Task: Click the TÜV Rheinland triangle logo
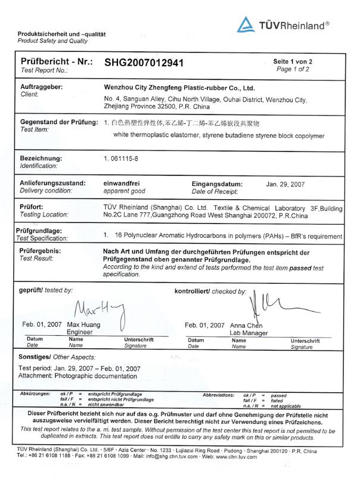[x=247, y=24]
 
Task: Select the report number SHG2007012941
[x=144, y=62]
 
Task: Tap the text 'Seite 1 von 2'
[x=292, y=61]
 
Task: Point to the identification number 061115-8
[x=127, y=159]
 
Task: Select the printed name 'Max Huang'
[x=84, y=325]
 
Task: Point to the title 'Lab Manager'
[x=249, y=333]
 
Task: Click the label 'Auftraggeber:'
[x=42, y=86]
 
